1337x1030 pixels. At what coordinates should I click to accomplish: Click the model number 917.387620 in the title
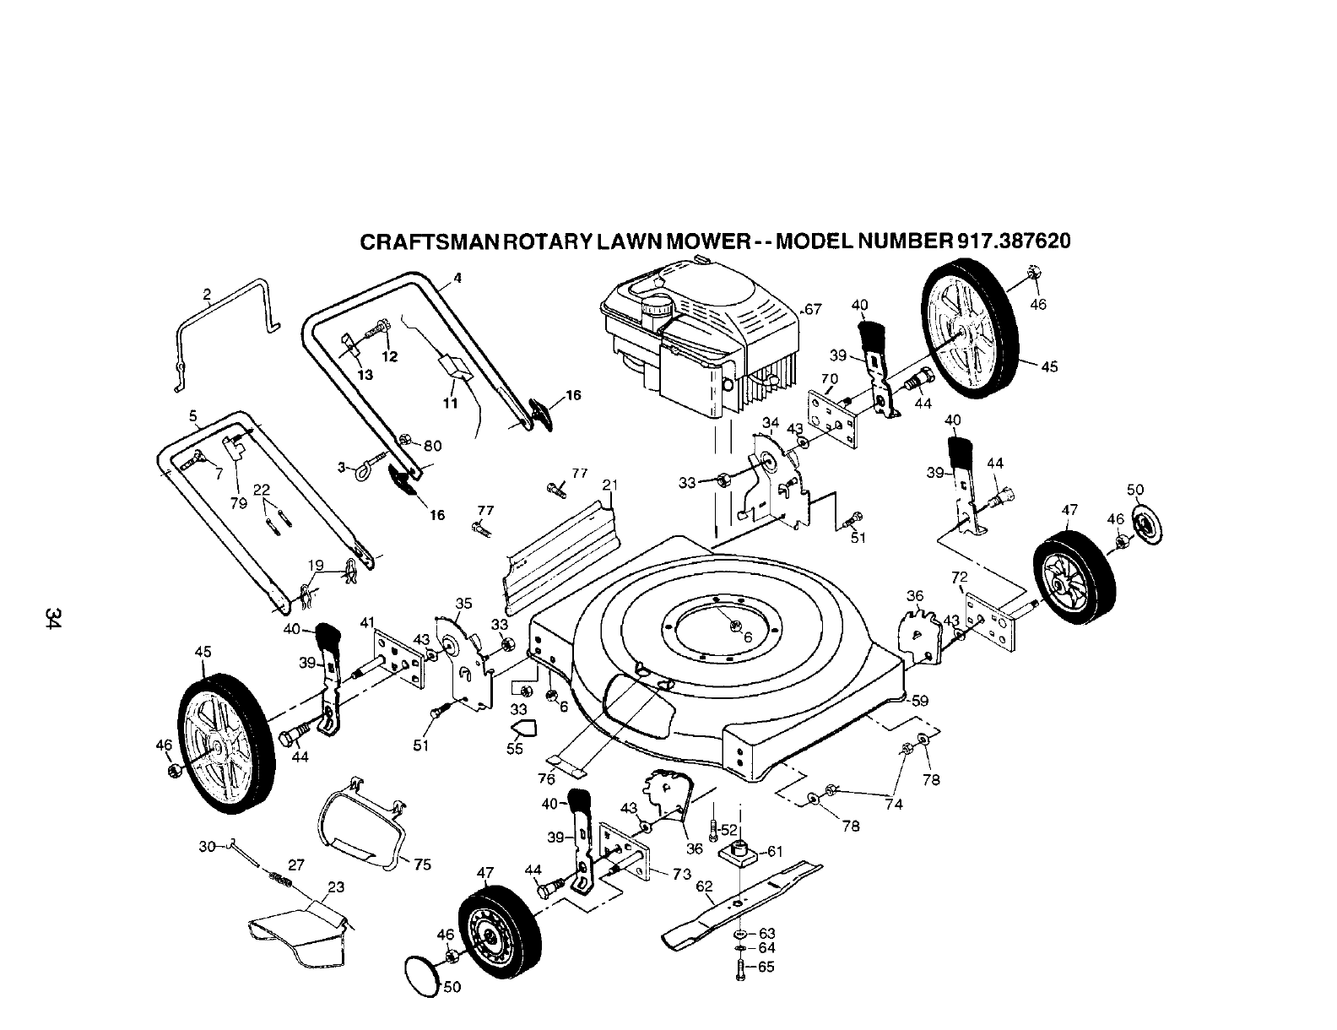point(1014,241)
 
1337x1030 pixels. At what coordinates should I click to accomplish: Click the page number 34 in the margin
point(54,617)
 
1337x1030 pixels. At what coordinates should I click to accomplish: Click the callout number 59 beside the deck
point(919,700)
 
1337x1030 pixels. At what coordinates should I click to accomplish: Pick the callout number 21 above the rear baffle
point(610,485)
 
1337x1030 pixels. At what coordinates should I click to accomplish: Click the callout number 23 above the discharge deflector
point(336,887)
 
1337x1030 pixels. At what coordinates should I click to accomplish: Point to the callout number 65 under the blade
point(766,968)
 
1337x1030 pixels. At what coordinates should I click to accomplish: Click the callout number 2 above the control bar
point(207,294)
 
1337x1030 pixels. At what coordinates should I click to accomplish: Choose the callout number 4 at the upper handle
point(457,277)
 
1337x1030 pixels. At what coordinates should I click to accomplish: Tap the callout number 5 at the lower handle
point(193,415)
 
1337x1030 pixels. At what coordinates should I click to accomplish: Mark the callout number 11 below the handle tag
point(450,404)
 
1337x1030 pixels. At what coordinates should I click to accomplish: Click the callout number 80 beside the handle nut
point(433,446)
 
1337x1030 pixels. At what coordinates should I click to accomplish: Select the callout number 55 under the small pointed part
point(515,748)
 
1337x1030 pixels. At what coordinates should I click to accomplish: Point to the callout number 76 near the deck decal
point(547,779)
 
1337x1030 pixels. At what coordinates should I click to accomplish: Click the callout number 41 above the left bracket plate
point(367,622)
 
